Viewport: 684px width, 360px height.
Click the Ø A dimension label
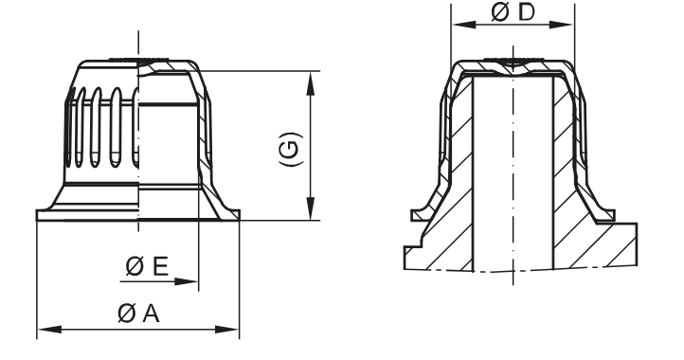pos(139,315)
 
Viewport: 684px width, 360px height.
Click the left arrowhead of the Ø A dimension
pos(43,331)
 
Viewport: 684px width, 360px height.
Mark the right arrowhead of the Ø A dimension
pos(231,331)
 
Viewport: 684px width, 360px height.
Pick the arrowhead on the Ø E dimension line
pos(192,281)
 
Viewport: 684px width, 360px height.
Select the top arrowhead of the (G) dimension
pos(311,79)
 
